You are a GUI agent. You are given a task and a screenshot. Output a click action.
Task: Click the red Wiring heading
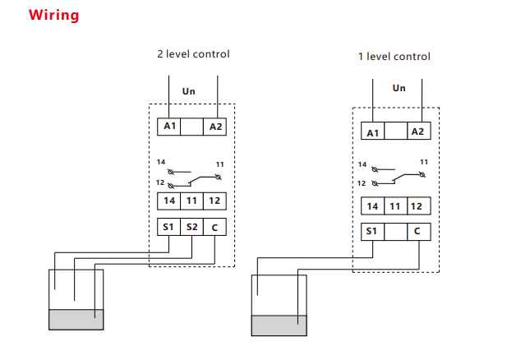pyautogui.click(x=54, y=15)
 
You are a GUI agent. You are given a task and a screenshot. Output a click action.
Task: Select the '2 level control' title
pyautogui.click(x=193, y=54)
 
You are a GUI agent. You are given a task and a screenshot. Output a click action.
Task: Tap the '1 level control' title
pyautogui.click(x=394, y=57)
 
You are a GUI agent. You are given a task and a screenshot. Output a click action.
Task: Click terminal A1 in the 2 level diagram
pyautogui.click(x=169, y=127)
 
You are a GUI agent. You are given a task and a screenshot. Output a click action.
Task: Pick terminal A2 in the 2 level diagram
pyautogui.click(x=215, y=127)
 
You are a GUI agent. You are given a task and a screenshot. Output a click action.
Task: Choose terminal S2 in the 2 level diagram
pyautogui.click(x=191, y=227)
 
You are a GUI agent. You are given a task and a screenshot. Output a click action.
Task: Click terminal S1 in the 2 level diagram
pyautogui.click(x=168, y=227)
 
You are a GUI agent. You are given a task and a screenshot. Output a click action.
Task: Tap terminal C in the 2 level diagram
pyautogui.click(x=214, y=227)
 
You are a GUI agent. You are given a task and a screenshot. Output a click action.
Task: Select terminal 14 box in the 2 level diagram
pyautogui.click(x=168, y=201)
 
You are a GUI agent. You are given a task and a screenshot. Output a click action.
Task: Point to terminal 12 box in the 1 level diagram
pyautogui.click(x=417, y=206)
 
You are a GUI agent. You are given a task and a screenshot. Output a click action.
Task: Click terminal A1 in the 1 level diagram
pyautogui.click(x=373, y=132)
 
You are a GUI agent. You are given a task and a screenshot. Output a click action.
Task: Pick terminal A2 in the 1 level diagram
pyautogui.click(x=417, y=132)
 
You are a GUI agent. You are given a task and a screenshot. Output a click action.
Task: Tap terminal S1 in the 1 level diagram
pyautogui.click(x=372, y=233)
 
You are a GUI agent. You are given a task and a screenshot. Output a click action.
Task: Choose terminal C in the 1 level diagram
pyautogui.click(x=417, y=233)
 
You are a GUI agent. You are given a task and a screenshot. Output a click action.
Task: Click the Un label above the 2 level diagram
pyautogui.click(x=189, y=91)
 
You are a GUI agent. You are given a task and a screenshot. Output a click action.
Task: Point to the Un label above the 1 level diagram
pyautogui.click(x=399, y=88)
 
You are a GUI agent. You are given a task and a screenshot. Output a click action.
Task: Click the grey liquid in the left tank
pyautogui.click(x=76, y=319)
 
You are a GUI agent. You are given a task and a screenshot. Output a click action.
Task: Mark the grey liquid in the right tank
pyautogui.click(x=279, y=325)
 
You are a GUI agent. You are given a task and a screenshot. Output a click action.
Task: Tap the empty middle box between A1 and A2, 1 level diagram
pyautogui.click(x=395, y=132)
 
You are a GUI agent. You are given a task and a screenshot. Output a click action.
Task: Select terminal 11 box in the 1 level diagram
pyautogui.click(x=395, y=206)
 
